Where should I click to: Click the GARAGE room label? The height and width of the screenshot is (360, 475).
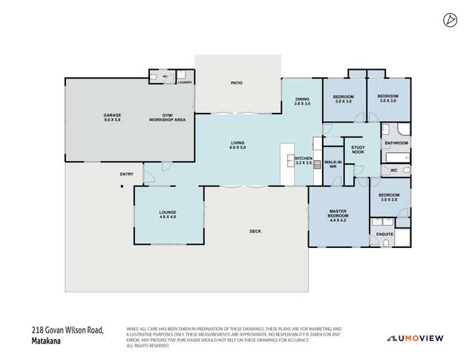click(111, 117)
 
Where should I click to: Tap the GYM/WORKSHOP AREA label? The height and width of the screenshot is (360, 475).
click(174, 117)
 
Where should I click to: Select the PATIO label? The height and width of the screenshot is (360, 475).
click(237, 83)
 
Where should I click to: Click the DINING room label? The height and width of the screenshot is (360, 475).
click(302, 102)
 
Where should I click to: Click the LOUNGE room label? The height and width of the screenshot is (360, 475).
click(168, 215)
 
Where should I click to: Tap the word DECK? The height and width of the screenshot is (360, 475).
click(255, 232)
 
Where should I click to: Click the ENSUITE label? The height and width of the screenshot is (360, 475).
click(384, 234)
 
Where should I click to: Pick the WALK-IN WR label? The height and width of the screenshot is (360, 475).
click(331, 165)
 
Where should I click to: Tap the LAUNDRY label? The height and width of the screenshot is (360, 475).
click(185, 82)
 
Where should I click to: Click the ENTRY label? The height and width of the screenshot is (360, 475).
click(127, 174)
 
